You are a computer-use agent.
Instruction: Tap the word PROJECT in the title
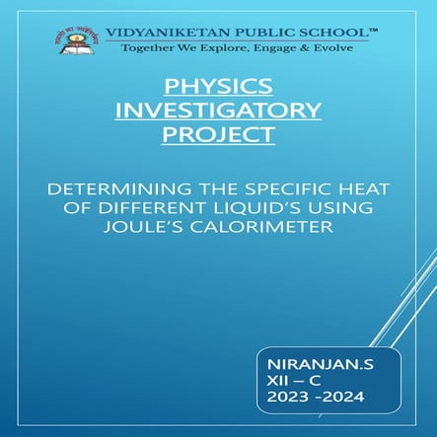coord(218,134)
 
